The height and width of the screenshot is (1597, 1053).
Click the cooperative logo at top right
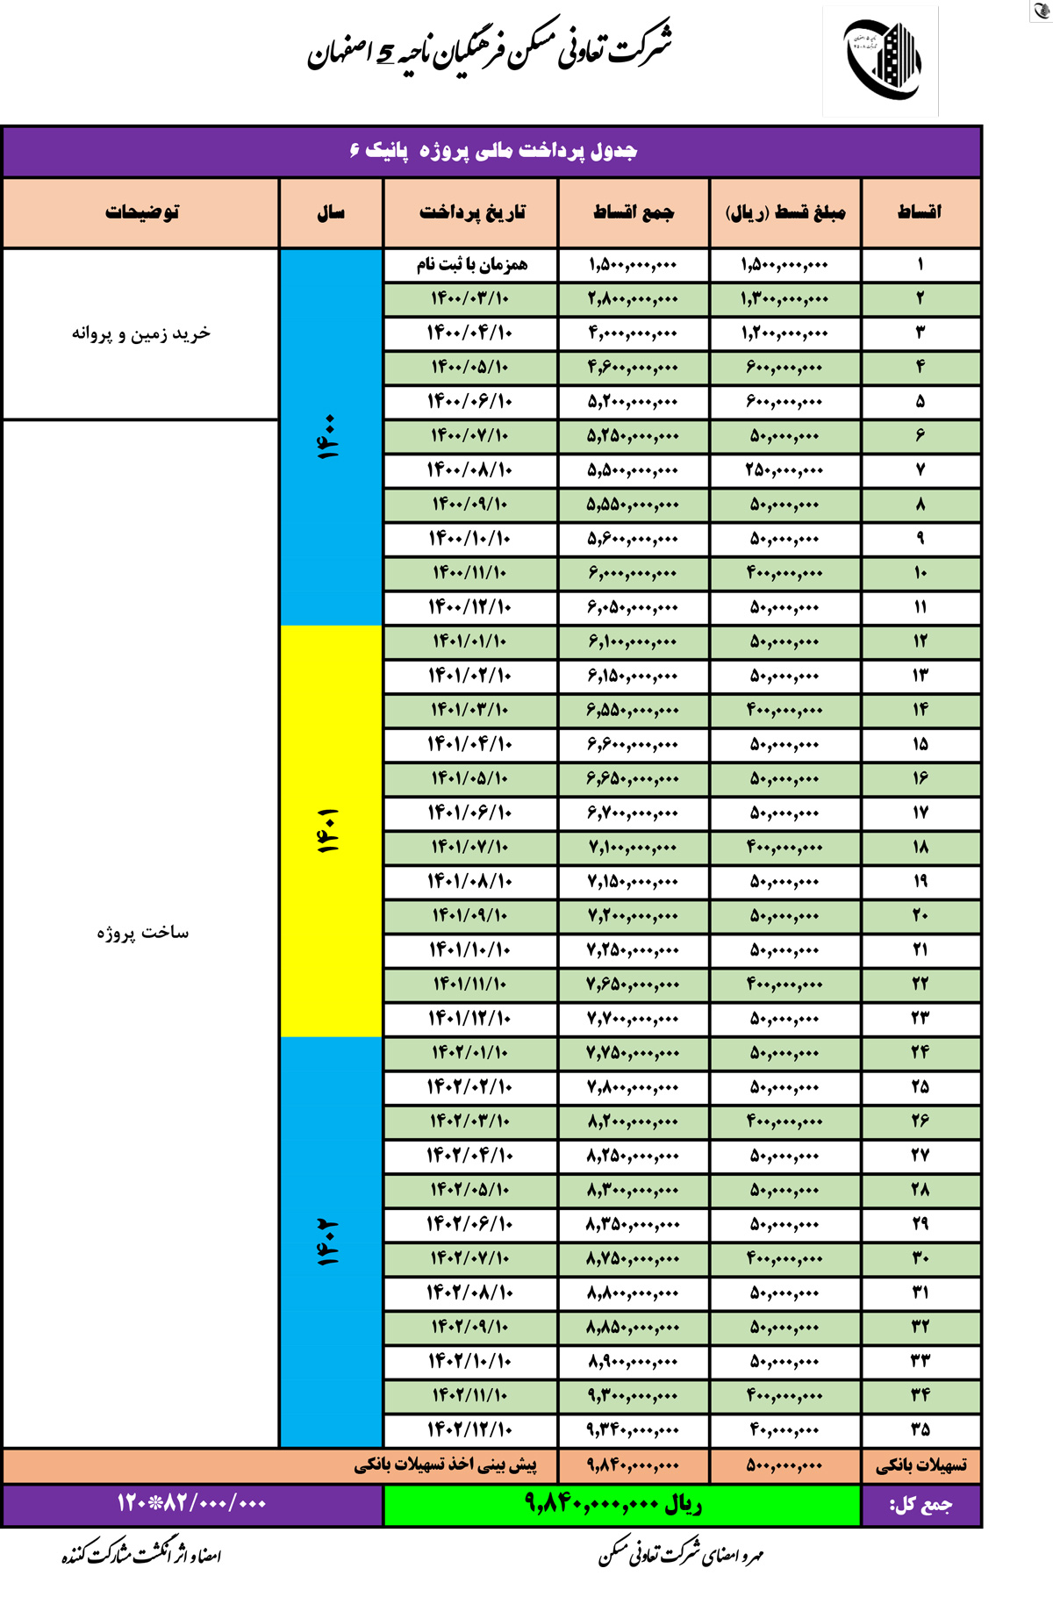[x=881, y=61]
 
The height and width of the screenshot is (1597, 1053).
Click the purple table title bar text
[x=493, y=151]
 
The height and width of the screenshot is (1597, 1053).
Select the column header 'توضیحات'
[x=142, y=212]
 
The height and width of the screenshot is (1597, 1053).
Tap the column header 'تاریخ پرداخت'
[x=471, y=212]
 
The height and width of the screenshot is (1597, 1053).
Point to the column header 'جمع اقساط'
[x=633, y=212]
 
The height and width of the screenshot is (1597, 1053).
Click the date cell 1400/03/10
[x=470, y=299]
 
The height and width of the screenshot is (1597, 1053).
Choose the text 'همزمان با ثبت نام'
[x=471, y=265]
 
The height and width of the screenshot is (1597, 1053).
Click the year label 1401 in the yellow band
[x=329, y=831]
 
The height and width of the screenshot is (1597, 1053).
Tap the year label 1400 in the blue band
[x=329, y=437]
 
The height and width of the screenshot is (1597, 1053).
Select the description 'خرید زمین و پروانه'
[x=141, y=333]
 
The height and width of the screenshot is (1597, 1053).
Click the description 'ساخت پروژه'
[x=142, y=932]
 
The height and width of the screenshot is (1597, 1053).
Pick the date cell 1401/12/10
[x=470, y=1019]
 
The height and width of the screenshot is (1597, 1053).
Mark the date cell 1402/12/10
[x=470, y=1429]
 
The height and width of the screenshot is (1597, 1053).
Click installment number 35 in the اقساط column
[x=920, y=1429]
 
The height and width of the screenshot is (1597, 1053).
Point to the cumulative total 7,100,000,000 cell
[x=633, y=848]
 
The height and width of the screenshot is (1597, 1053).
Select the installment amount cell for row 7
[x=784, y=470]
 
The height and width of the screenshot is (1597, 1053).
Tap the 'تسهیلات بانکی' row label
[x=920, y=1465]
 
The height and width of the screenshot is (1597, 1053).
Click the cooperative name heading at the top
[x=491, y=48]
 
